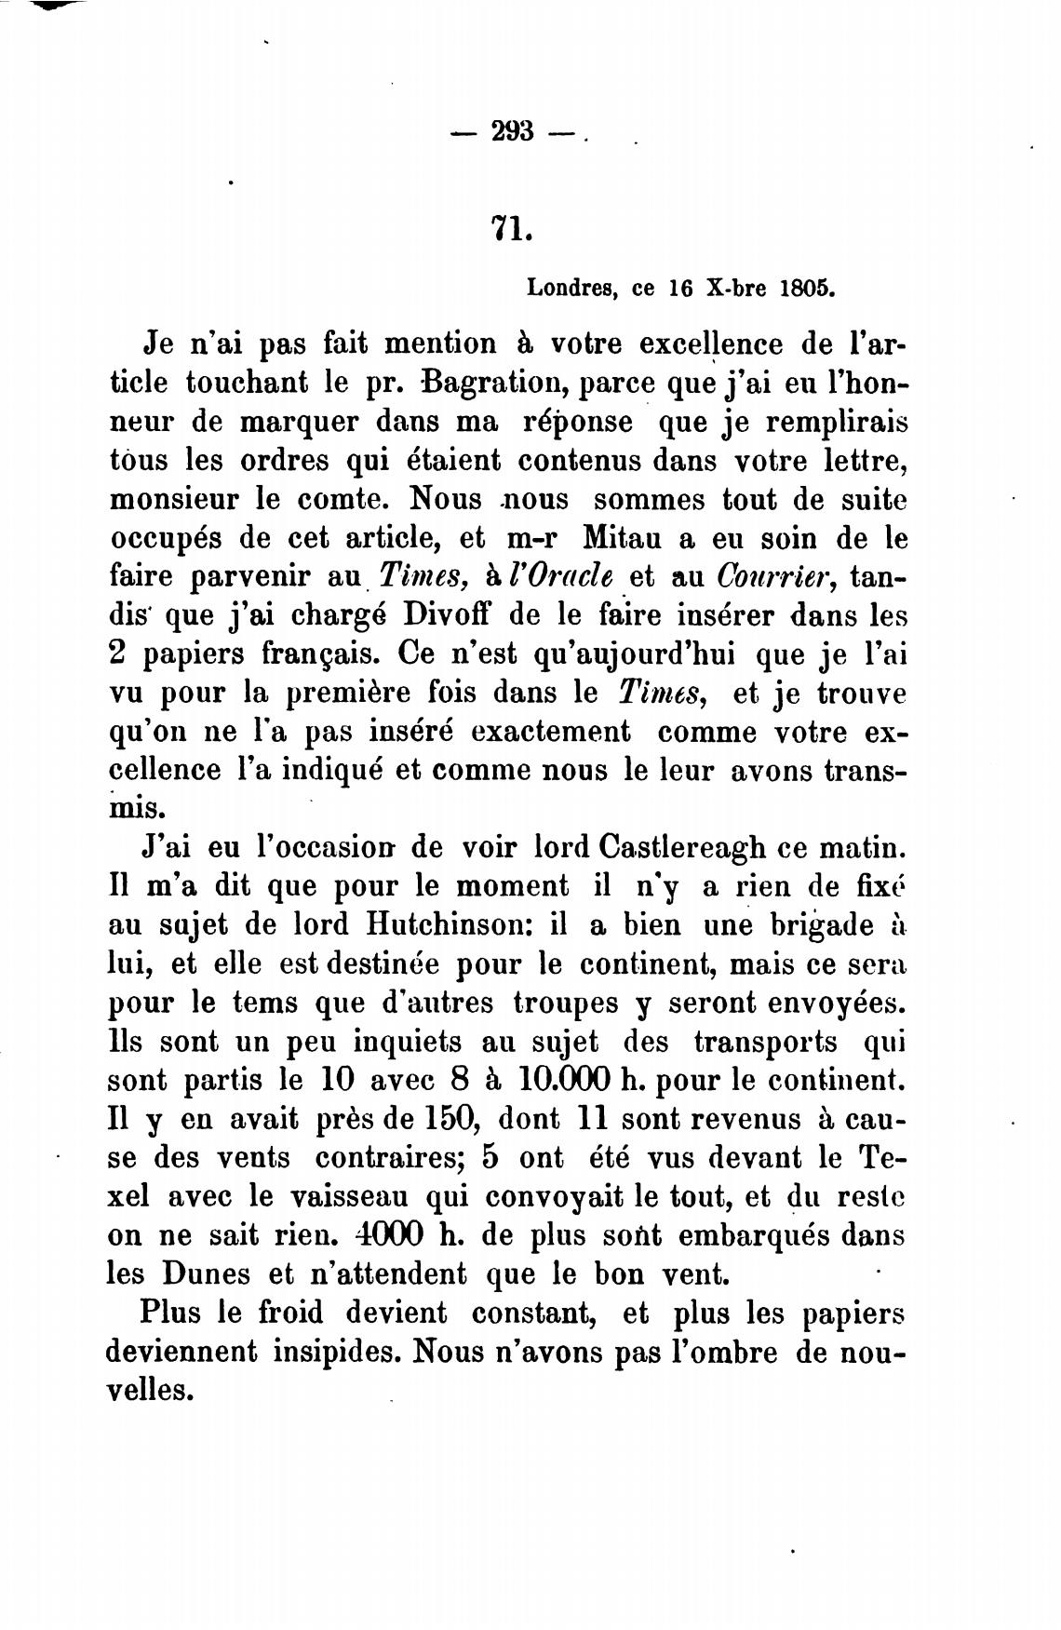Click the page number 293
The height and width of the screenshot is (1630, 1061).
tap(512, 132)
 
